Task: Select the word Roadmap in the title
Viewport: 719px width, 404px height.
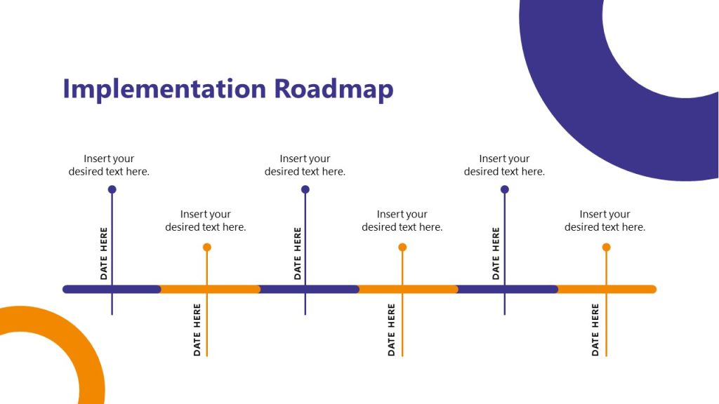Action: (334, 90)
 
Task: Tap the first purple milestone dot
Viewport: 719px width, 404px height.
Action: (112, 189)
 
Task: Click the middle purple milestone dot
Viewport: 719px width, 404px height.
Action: (305, 189)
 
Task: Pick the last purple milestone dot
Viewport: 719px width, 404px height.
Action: (504, 189)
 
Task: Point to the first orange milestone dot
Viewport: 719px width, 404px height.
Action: (206, 247)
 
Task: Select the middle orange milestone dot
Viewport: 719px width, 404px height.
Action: (402, 247)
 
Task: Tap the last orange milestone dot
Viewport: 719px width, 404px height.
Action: (606, 247)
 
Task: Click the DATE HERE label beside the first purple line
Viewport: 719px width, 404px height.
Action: (104, 253)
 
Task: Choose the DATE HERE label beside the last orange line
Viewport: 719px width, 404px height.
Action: (595, 330)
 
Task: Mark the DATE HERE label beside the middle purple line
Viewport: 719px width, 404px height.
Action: (297, 253)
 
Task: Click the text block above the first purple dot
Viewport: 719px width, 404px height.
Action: (109, 165)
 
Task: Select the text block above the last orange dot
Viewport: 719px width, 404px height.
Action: (605, 220)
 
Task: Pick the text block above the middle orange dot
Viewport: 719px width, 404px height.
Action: (402, 220)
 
